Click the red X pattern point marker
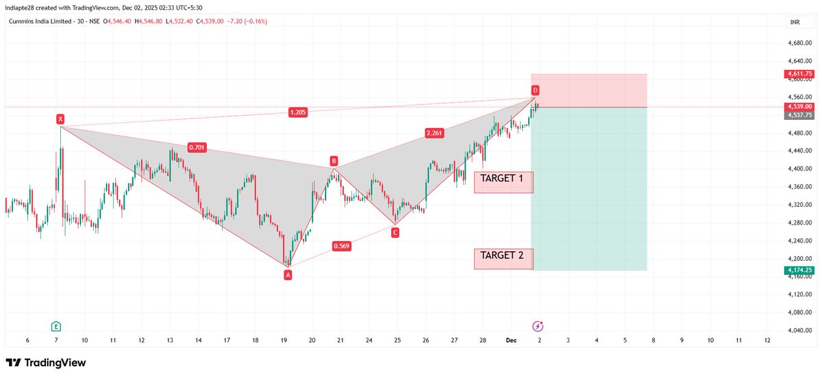pos(61,119)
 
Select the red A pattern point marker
pos(288,275)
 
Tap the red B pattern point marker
pos(334,161)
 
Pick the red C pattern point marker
pos(395,233)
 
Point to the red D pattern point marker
pos(535,90)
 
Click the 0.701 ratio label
pos(197,147)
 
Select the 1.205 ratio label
pos(297,112)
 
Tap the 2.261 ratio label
pos(434,132)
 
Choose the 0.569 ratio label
pos(342,246)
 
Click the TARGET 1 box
pos(503,181)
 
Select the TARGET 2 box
pos(503,258)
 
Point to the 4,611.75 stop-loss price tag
pos(799,73)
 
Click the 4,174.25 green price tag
pos(799,270)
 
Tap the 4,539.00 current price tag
pos(799,107)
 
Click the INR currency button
pos(795,23)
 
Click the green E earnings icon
pos(55,325)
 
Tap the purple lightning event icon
pos(538,325)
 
